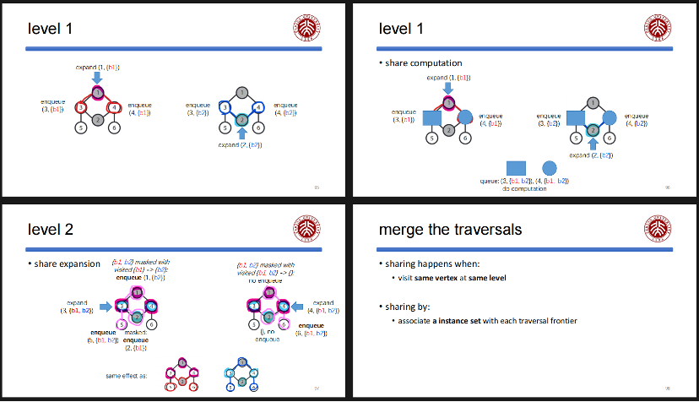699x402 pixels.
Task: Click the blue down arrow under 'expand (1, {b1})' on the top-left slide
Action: (x=97, y=78)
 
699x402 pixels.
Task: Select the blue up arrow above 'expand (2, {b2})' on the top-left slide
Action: (x=242, y=133)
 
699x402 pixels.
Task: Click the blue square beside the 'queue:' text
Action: (x=516, y=168)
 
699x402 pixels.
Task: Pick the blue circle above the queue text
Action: (x=550, y=168)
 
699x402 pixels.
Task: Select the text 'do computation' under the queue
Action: (x=524, y=188)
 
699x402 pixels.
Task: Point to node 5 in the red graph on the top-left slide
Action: (x=81, y=128)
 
